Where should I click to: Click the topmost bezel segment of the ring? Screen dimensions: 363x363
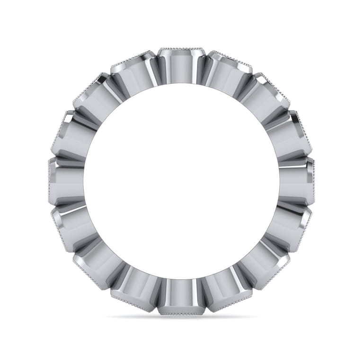pos(182,66)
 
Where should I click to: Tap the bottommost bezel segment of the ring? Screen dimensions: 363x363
pos(182,298)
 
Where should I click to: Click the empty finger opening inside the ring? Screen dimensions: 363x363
pos(182,182)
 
